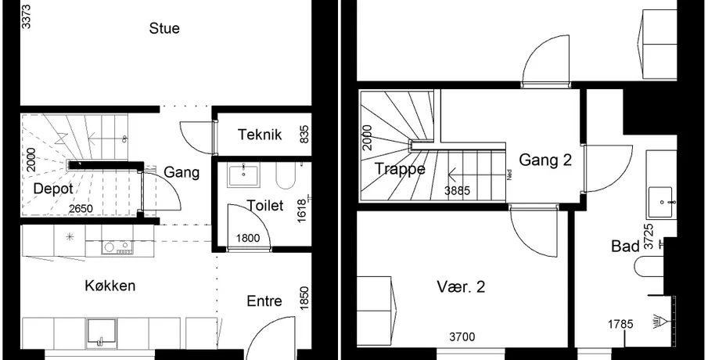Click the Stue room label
tap(164, 28)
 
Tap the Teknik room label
tap(260, 135)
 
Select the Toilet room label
tap(265, 206)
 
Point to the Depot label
tap(53, 189)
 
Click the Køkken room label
tap(110, 286)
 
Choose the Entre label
tap(264, 301)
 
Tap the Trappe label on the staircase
tap(400, 169)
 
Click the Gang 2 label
tap(545, 160)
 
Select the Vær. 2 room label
tap(461, 286)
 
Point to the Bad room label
tap(625, 247)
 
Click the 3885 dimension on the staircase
tap(457, 191)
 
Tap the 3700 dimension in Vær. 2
tap(462, 337)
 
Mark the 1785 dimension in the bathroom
tap(620, 324)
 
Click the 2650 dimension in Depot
tap(81, 209)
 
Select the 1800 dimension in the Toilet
tap(248, 238)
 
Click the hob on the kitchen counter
tap(117, 247)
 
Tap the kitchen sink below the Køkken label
tap(102, 333)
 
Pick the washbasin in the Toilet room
tap(243, 176)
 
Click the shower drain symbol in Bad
tap(660, 322)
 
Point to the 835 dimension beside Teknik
tap(304, 135)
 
